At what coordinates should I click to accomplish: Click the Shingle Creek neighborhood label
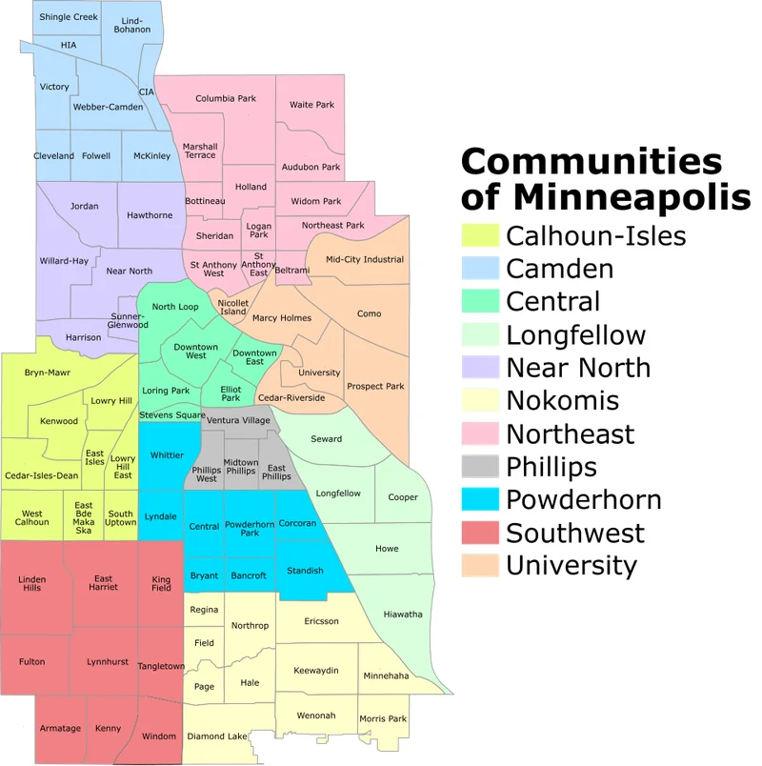click(69, 17)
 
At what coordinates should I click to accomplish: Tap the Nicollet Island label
click(233, 307)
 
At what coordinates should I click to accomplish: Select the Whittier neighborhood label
click(168, 455)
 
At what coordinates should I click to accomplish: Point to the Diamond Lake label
click(216, 736)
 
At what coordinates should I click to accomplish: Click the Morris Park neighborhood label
click(383, 718)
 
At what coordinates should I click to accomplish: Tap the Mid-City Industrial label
click(364, 259)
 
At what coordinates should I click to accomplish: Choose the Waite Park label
click(312, 105)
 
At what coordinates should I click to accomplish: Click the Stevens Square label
click(172, 415)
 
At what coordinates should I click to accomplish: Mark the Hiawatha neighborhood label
click(403, 615)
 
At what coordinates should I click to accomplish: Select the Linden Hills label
click(32, 583)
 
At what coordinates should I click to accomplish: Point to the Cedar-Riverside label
click(291, 397)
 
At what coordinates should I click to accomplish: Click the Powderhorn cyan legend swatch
click(480, 500)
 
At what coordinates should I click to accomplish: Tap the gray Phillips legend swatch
click(480, 467)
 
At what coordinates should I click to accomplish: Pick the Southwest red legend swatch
click(480, 533)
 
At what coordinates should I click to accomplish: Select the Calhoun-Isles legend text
click(595, 235)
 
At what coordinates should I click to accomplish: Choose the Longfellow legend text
click(575, 334)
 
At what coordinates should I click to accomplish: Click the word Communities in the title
click(592, 161)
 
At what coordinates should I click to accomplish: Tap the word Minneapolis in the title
click(632, 197)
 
